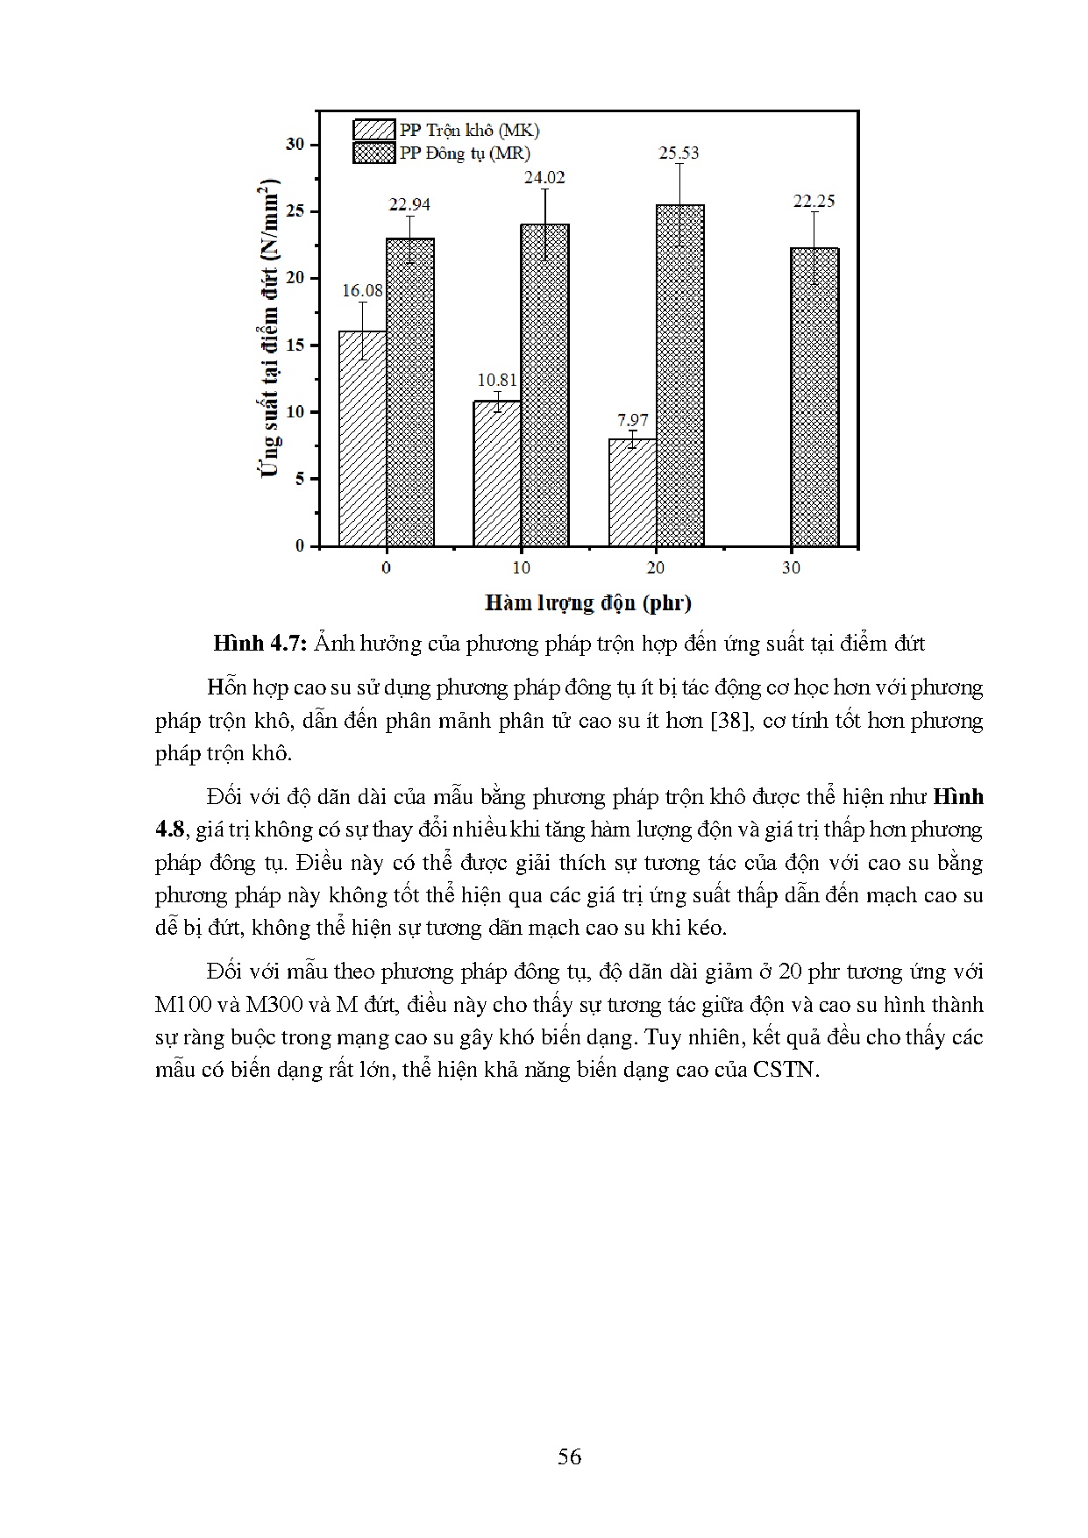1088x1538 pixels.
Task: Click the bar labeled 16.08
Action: [362, 438]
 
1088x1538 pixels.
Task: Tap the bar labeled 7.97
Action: [632, 492]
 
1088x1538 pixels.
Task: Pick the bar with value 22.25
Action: [814, 396]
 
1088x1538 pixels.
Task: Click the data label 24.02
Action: [544, 177]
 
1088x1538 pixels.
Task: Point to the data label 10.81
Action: [497, 380]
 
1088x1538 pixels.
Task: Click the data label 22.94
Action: [409, 204]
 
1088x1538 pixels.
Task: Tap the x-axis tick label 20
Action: [656, 568]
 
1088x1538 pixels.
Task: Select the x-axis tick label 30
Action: [791, 568]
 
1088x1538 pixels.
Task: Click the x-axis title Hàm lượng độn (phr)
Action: [587, 603]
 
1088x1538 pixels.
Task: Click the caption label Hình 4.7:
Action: [260, 644]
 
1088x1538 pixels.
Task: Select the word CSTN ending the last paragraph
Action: [784, 1071]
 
